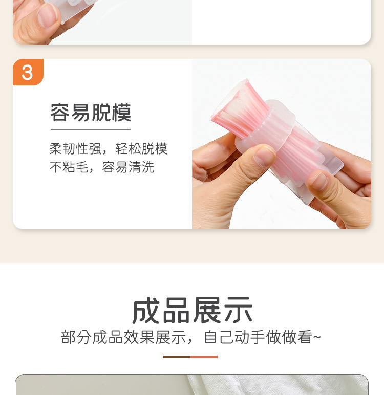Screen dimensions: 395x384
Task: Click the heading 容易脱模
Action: click(x=91, y=113)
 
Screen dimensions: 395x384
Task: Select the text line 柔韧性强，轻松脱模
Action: click(x=109, y=149)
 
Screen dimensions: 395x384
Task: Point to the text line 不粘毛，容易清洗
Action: click(x=102, y=167)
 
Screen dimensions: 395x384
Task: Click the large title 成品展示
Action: click(x=192, y=311)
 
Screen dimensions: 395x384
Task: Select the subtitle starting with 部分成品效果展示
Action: click(x=191, y=337)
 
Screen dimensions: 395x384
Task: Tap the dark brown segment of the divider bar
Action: click(x=176, y=357)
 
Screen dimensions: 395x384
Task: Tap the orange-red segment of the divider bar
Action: click(x=204, y=357)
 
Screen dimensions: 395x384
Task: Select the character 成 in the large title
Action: click(x=147, y=311)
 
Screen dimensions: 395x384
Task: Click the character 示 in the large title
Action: click(x=238, y=311)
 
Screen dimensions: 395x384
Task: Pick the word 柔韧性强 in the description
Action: click(x=75, y=149)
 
